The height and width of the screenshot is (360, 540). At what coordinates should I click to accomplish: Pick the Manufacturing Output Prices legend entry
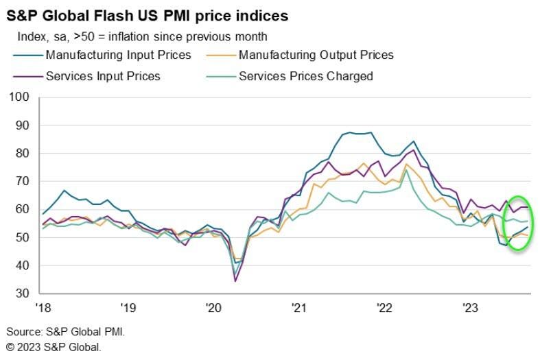click(316, 55)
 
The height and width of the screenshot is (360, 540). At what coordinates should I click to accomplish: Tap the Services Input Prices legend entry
click(102, 75)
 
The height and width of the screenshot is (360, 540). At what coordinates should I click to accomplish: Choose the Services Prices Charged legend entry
click(305, 75)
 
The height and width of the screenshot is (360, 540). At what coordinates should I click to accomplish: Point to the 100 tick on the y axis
click(20, 97)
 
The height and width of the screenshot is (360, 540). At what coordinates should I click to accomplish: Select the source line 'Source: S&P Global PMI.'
click(66, 331)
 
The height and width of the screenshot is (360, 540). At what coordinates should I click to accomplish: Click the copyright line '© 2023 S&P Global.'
click(54, 347)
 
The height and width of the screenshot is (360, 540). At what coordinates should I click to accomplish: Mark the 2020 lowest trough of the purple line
click(236, 280)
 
